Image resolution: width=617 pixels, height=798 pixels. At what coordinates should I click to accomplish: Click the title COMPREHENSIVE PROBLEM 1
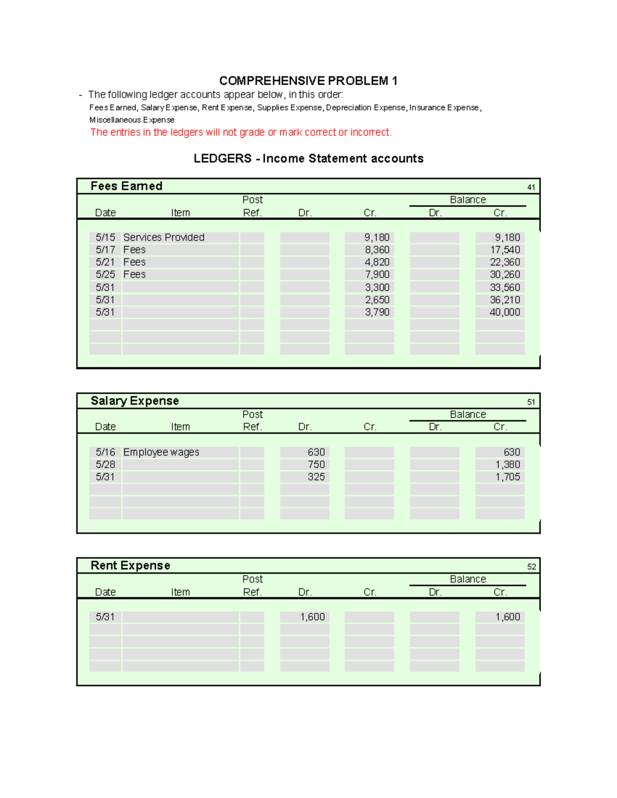pos(308,81)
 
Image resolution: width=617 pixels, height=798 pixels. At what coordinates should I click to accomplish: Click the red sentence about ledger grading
pos(241,132)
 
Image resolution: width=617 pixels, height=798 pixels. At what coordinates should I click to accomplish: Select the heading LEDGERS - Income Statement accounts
pos(308,158)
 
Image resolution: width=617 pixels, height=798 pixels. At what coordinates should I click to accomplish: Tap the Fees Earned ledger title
pos(126,186)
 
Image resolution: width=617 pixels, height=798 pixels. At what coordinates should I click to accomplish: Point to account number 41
pos(531,188)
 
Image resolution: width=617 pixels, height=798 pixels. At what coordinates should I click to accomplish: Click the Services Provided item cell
pos(164,237)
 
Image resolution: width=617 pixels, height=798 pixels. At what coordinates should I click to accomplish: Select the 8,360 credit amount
pos(377,250)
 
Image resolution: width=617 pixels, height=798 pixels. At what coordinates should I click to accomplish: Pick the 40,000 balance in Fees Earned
pos(504,312)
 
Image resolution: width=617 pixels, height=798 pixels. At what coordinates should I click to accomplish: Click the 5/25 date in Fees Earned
pos(105,274)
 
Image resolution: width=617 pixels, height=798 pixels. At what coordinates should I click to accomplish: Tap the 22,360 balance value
pos(504,262)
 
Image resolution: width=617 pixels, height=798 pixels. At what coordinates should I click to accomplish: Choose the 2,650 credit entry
pos(377,300)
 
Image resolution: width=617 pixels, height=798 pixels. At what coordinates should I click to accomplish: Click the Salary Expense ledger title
pos(135,401)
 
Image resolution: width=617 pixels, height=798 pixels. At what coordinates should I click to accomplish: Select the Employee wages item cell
pos(161,452)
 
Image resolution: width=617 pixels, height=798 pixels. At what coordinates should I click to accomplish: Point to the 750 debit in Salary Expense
pos(316,465)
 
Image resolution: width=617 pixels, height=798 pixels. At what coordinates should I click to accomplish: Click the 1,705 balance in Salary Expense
pos(507,477)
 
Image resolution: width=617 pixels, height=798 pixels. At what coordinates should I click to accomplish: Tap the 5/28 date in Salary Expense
pos(105,465)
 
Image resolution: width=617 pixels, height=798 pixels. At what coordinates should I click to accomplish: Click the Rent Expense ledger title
pos(130,565)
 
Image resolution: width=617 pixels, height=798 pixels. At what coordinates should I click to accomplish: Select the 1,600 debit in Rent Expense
pos(312,617)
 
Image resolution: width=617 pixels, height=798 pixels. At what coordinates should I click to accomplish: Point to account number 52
pos(531,567)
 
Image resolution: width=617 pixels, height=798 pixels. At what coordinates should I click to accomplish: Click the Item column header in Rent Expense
pos(180,592)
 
